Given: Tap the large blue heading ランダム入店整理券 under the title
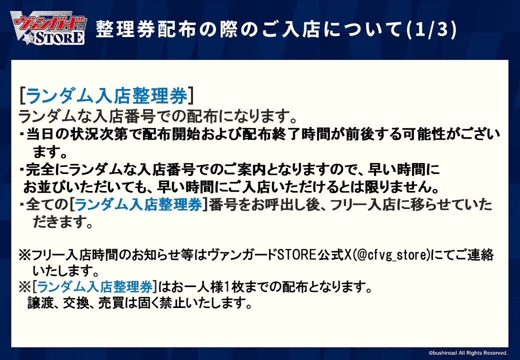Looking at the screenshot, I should coord(106,95).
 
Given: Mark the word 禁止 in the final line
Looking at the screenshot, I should coord(180,302).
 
